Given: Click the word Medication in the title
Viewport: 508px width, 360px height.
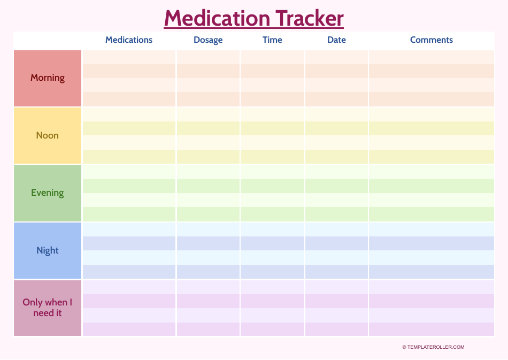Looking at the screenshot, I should [217, 18].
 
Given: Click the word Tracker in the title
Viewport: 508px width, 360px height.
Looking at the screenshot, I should [310, 18].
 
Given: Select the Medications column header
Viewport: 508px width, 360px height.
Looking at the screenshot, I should [129, 40].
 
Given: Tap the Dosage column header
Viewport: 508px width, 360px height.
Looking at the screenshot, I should [208, 40].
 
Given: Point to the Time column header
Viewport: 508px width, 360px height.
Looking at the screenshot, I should [272, 40].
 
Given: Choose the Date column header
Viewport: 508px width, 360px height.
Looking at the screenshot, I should [336, 40].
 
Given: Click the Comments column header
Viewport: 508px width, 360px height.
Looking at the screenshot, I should [431, 40].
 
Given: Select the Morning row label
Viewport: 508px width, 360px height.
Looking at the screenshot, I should [48, 78].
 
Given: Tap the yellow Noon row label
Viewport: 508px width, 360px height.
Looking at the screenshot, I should [48, 135].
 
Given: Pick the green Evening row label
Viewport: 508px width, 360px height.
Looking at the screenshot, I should [48, 193].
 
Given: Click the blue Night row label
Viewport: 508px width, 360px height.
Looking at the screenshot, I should [48, 250].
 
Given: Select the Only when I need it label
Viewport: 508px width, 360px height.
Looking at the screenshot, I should [48, 308].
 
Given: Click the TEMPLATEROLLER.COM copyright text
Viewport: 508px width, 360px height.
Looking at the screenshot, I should [433, 347].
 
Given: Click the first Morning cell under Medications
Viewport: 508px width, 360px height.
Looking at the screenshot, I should [129, 57].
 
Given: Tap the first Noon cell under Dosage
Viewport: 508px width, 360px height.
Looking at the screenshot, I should [208, 114].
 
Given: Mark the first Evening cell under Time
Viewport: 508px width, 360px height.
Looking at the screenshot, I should [272, 172].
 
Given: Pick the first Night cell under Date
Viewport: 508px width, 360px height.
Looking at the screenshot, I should [336, 229].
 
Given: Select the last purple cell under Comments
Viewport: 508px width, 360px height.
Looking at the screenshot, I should [431, 329].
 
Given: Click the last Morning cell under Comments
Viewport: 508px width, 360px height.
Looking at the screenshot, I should [431, 99].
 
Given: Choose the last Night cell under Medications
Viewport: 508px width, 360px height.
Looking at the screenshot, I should [129, 272].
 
